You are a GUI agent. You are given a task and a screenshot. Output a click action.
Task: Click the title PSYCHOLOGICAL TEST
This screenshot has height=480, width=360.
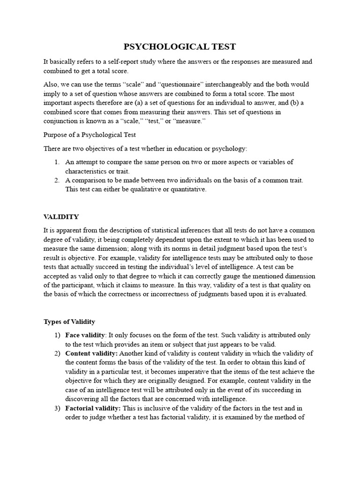(x=180, y=46)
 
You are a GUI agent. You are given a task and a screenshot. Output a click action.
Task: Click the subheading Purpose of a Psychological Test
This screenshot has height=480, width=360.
(x=90, y=135)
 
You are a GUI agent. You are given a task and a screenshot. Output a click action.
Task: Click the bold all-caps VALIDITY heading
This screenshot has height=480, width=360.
(x=61, y=217)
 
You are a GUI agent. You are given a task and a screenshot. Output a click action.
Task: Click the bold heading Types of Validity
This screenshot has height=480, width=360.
(x=69, y=322)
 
